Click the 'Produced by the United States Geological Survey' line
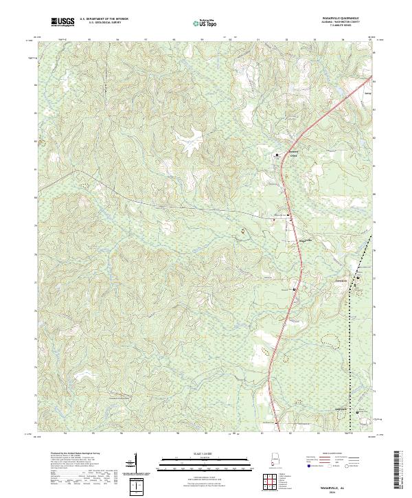tap(69, 455)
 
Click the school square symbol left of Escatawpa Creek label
tap(277, 156)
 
